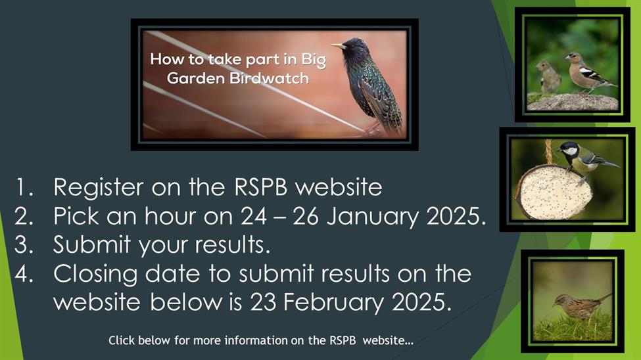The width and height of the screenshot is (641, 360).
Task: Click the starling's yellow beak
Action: coord(338,46)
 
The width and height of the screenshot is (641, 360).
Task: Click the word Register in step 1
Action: coord(99,188)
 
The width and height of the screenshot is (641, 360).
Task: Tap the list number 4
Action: coord(24,274)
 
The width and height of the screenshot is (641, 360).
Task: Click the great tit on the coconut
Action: coord(584,160)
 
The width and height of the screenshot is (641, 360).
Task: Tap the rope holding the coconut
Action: coord(548,152)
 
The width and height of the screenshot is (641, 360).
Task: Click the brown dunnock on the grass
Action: coord(580,307)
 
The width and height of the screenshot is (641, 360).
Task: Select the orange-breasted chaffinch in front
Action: coord(587,73)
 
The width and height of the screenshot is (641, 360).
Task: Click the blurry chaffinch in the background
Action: coord(548,77)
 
